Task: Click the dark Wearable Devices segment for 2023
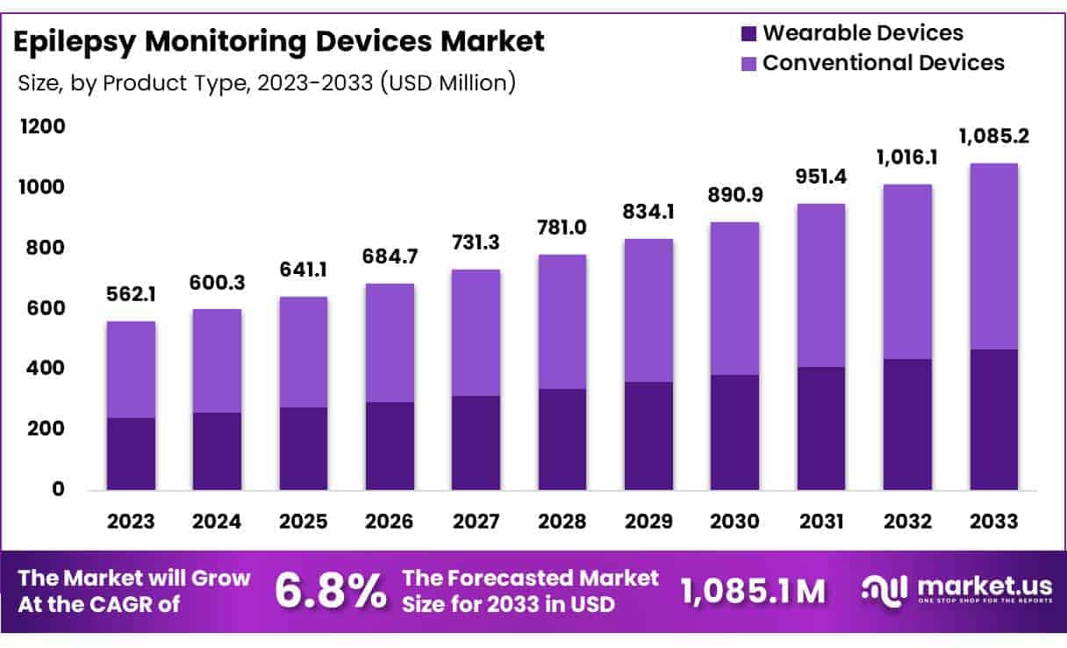pos(131,453)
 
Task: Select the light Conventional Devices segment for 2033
pos(994,256)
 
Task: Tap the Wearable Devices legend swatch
pos(748,34)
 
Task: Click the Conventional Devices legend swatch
pos(748,63)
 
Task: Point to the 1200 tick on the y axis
pos(43,127)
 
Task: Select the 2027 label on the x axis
pos(476,521)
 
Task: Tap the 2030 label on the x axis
pos(735,521)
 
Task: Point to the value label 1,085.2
pos(994,136)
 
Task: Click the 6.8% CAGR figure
pos(331,591)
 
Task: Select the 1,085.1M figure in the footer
pos(754,591)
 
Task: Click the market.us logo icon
pos(884,590)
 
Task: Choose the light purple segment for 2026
pos(390,342)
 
